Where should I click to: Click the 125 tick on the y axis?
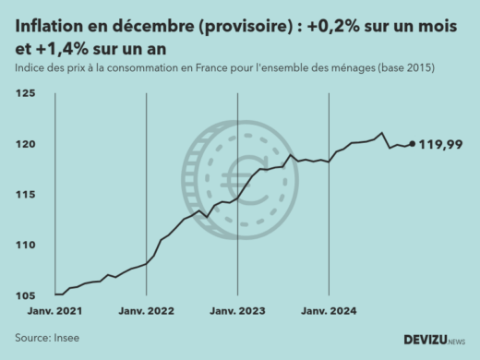click(27, 94)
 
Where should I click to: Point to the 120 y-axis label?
click(27, 145)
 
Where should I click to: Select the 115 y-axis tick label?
click(27, 195)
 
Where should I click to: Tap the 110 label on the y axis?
click(27, 245)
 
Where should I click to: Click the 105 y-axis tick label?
click(27, 294)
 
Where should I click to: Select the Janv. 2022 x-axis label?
click(147, 312)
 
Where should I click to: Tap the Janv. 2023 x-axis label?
click(238, 312)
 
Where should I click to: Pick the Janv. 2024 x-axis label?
click(330, 312)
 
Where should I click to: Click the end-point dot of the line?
click(411, 144)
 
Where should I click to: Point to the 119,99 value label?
click(441, 144)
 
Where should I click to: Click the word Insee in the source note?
click(66, 338)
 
